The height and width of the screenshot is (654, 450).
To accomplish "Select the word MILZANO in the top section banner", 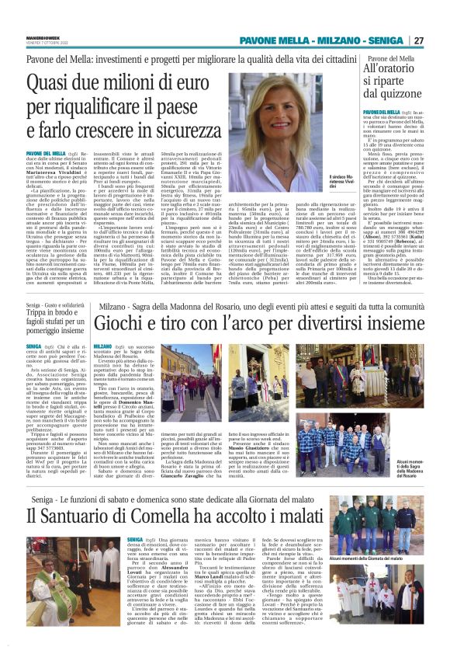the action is (x=341, y=40).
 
